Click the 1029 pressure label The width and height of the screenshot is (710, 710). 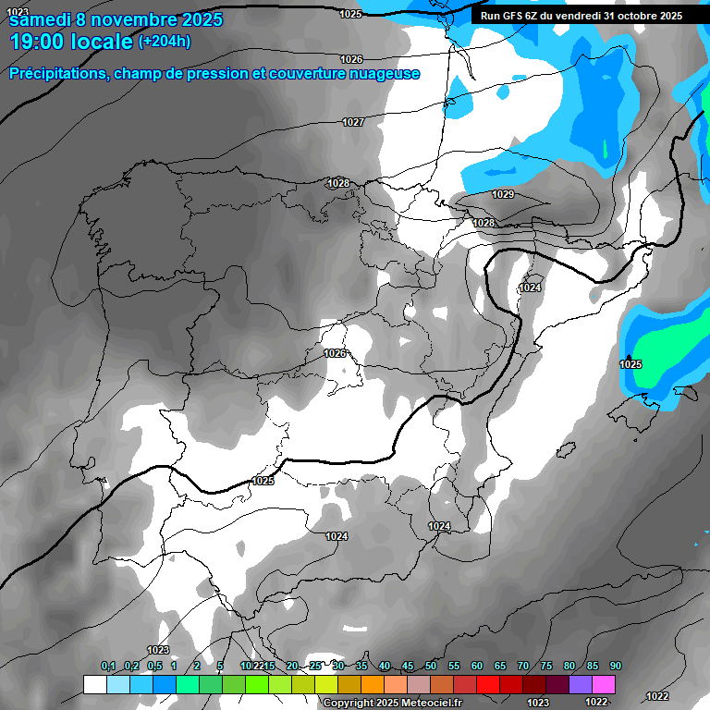tap(503, 194)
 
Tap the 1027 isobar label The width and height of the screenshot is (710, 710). tap(353, 122)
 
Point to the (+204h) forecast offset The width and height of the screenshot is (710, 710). tap(164, 42)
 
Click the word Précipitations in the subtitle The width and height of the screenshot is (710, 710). tap(56, 74)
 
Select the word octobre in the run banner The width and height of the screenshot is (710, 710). tap(630, 16)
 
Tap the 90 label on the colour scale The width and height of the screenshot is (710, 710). tap(615, 667)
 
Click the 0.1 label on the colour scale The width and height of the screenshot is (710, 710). tap(108, 667)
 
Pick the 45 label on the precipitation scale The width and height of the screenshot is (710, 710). tap(408, 667)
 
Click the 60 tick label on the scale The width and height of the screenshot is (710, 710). tap(477, 667)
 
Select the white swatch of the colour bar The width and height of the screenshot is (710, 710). tap(94, 684)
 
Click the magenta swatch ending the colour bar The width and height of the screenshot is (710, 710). tap(604, 684)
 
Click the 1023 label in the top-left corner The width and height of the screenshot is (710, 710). tap(17, 11)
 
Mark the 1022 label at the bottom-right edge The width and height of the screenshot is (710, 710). tap(657, 696)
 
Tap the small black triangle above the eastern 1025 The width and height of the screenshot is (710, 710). tap(630, 357)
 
